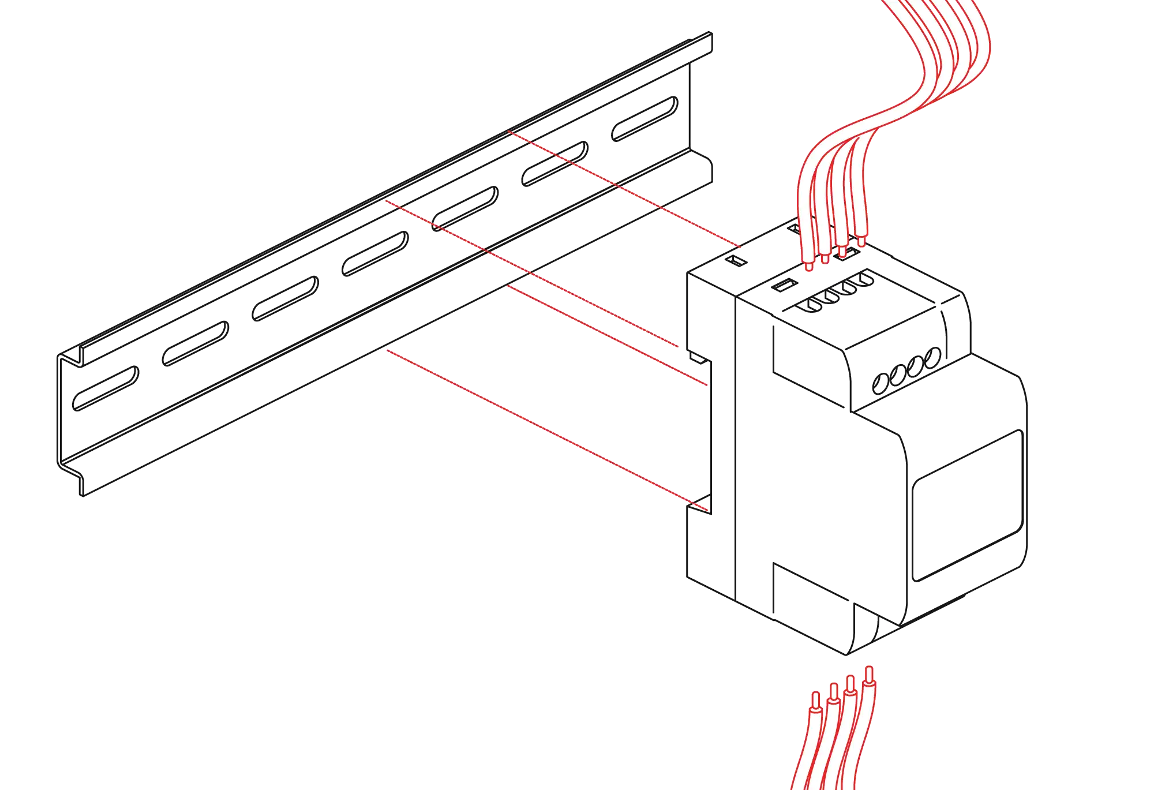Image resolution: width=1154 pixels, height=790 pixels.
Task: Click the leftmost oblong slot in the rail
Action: pos(105,388)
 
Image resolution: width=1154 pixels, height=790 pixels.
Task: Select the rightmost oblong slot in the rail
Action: pos(645,117)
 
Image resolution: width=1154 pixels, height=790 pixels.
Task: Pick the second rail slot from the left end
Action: pos(196,343)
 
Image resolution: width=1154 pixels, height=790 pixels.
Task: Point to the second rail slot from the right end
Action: pos(556,163)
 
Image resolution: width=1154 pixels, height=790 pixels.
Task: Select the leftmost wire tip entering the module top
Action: pos(810,266)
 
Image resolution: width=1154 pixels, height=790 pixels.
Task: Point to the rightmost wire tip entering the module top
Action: pos(862,240)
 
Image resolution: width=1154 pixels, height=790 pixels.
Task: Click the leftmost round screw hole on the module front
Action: pos(881,383)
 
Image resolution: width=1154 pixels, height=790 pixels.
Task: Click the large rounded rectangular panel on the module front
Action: pos(968,505)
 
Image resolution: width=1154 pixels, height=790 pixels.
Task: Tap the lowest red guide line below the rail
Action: pos(542,428)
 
